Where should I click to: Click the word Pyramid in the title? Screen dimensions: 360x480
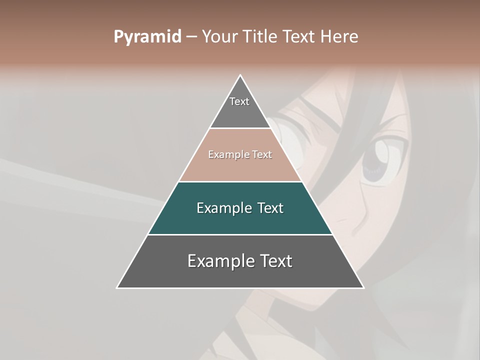(x=147, y=37)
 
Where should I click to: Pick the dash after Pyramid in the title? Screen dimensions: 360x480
(x=191, y=37)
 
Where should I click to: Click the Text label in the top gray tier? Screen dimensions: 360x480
(x=239, y=101)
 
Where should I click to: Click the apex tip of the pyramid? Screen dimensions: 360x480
(x=240, y=75)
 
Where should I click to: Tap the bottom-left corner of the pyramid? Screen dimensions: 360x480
(x=117, y=287)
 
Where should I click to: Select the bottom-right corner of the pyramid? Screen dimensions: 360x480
(x=363, y=287)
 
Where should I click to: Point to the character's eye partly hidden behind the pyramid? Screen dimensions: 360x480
(x=287, y=142)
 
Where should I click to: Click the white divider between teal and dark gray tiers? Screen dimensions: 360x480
(x=240, y=234)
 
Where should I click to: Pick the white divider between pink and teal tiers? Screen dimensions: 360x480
(x=240, y=181)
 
